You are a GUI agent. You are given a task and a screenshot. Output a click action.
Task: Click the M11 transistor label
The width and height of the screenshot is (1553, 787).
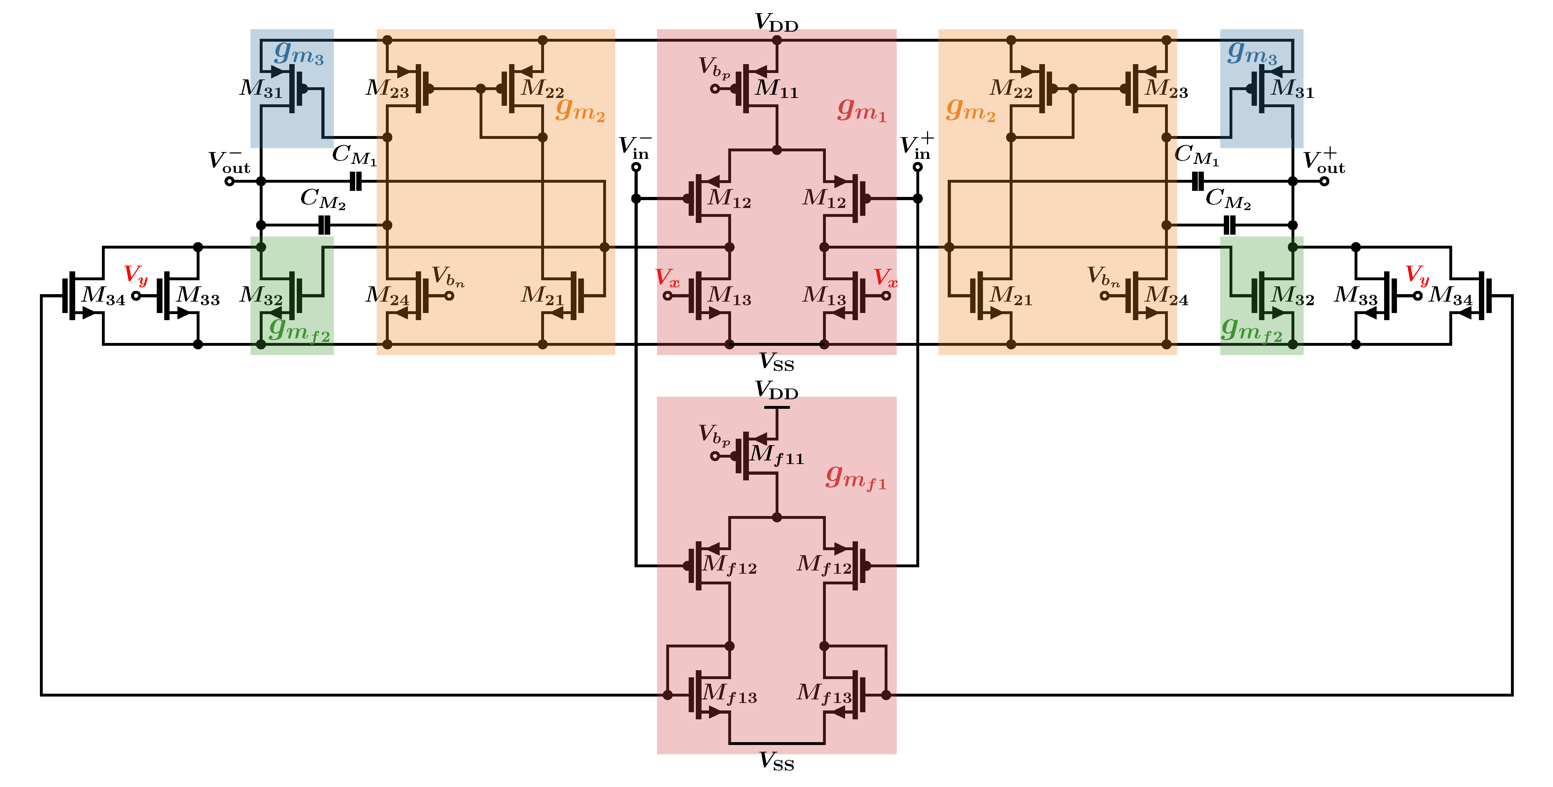point(777,89)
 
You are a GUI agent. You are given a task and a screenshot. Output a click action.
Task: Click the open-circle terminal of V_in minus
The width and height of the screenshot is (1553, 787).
point(636,167)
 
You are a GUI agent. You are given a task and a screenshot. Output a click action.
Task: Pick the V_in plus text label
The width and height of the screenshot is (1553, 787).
point(916,146)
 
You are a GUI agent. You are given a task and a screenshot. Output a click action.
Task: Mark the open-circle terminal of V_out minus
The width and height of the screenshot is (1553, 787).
point(229,181)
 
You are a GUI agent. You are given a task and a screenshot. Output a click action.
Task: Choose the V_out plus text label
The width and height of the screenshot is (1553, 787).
point(1324,161)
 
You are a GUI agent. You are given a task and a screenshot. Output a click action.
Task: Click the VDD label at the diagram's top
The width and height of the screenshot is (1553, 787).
point(777,22)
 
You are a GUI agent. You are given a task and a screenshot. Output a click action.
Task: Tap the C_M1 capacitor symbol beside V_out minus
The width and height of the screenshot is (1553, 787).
point(356,181)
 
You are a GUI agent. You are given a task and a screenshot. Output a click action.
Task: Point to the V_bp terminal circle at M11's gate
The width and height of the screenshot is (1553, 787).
point(715,89)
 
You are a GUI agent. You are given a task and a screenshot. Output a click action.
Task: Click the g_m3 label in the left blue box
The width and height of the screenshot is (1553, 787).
point(299,53)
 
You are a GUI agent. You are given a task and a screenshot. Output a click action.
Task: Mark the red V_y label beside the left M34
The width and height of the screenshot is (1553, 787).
point(136,275)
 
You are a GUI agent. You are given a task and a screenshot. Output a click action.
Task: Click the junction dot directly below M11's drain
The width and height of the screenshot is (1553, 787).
point(777,150)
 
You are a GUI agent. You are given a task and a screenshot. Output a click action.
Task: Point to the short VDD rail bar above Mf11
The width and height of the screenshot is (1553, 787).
point(777,407)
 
